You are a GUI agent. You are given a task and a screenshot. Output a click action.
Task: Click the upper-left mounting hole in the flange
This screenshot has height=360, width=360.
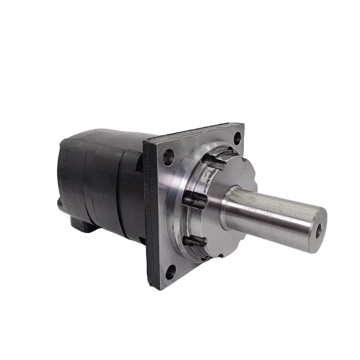[x=169, y=157]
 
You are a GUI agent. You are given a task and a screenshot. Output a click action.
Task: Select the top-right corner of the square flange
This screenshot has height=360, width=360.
[x=242, y=125]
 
